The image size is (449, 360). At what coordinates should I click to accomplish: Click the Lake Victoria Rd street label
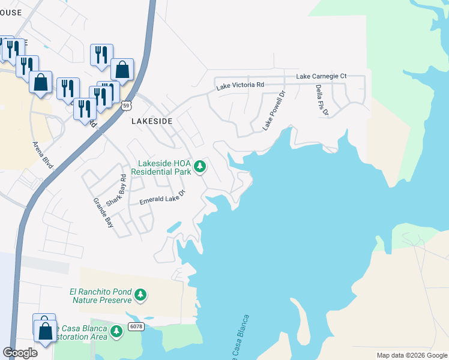(x=240, y=86)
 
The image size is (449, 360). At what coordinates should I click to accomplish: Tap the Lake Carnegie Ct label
(x=321, y=77)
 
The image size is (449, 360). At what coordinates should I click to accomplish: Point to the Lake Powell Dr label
(x=273, y=110)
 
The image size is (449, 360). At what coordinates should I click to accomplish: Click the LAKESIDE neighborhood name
(x=152, y=121)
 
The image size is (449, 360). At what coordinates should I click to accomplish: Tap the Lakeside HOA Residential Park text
(x=164, y=167)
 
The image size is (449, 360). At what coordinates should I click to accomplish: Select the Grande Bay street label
(x=103, y=214)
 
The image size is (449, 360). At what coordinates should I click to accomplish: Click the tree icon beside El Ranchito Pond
(x=140, y=295)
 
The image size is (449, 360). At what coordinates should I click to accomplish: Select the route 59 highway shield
(x=125, y=106)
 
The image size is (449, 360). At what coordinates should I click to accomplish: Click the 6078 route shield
(x=135, y=326)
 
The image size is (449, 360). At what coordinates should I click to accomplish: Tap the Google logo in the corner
(x=20, y=353)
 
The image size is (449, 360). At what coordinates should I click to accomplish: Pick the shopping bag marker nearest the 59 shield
(x=122, y=70)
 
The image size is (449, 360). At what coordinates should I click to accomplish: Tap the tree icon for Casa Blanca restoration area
(x=116, y=331)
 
